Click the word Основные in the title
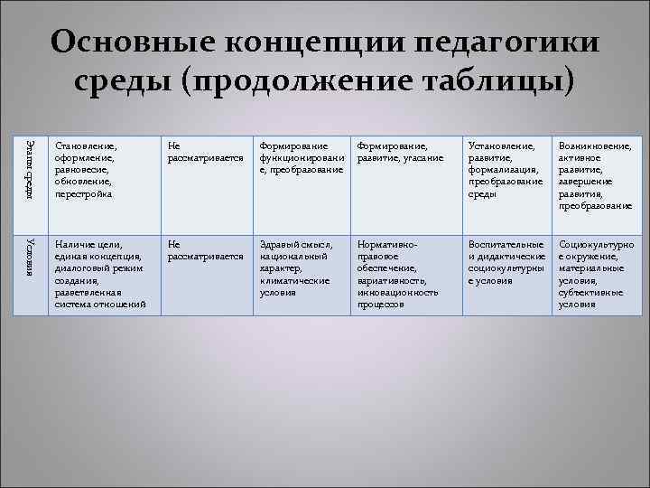point(138,44)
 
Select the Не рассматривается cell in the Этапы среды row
point(205,151)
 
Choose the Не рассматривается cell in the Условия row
point(205,250)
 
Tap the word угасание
point(422,157)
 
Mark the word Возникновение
point(595,145)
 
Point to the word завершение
point(584,182)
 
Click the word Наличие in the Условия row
point(74,244)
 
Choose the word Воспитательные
point(506,244)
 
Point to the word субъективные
point(590,293)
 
